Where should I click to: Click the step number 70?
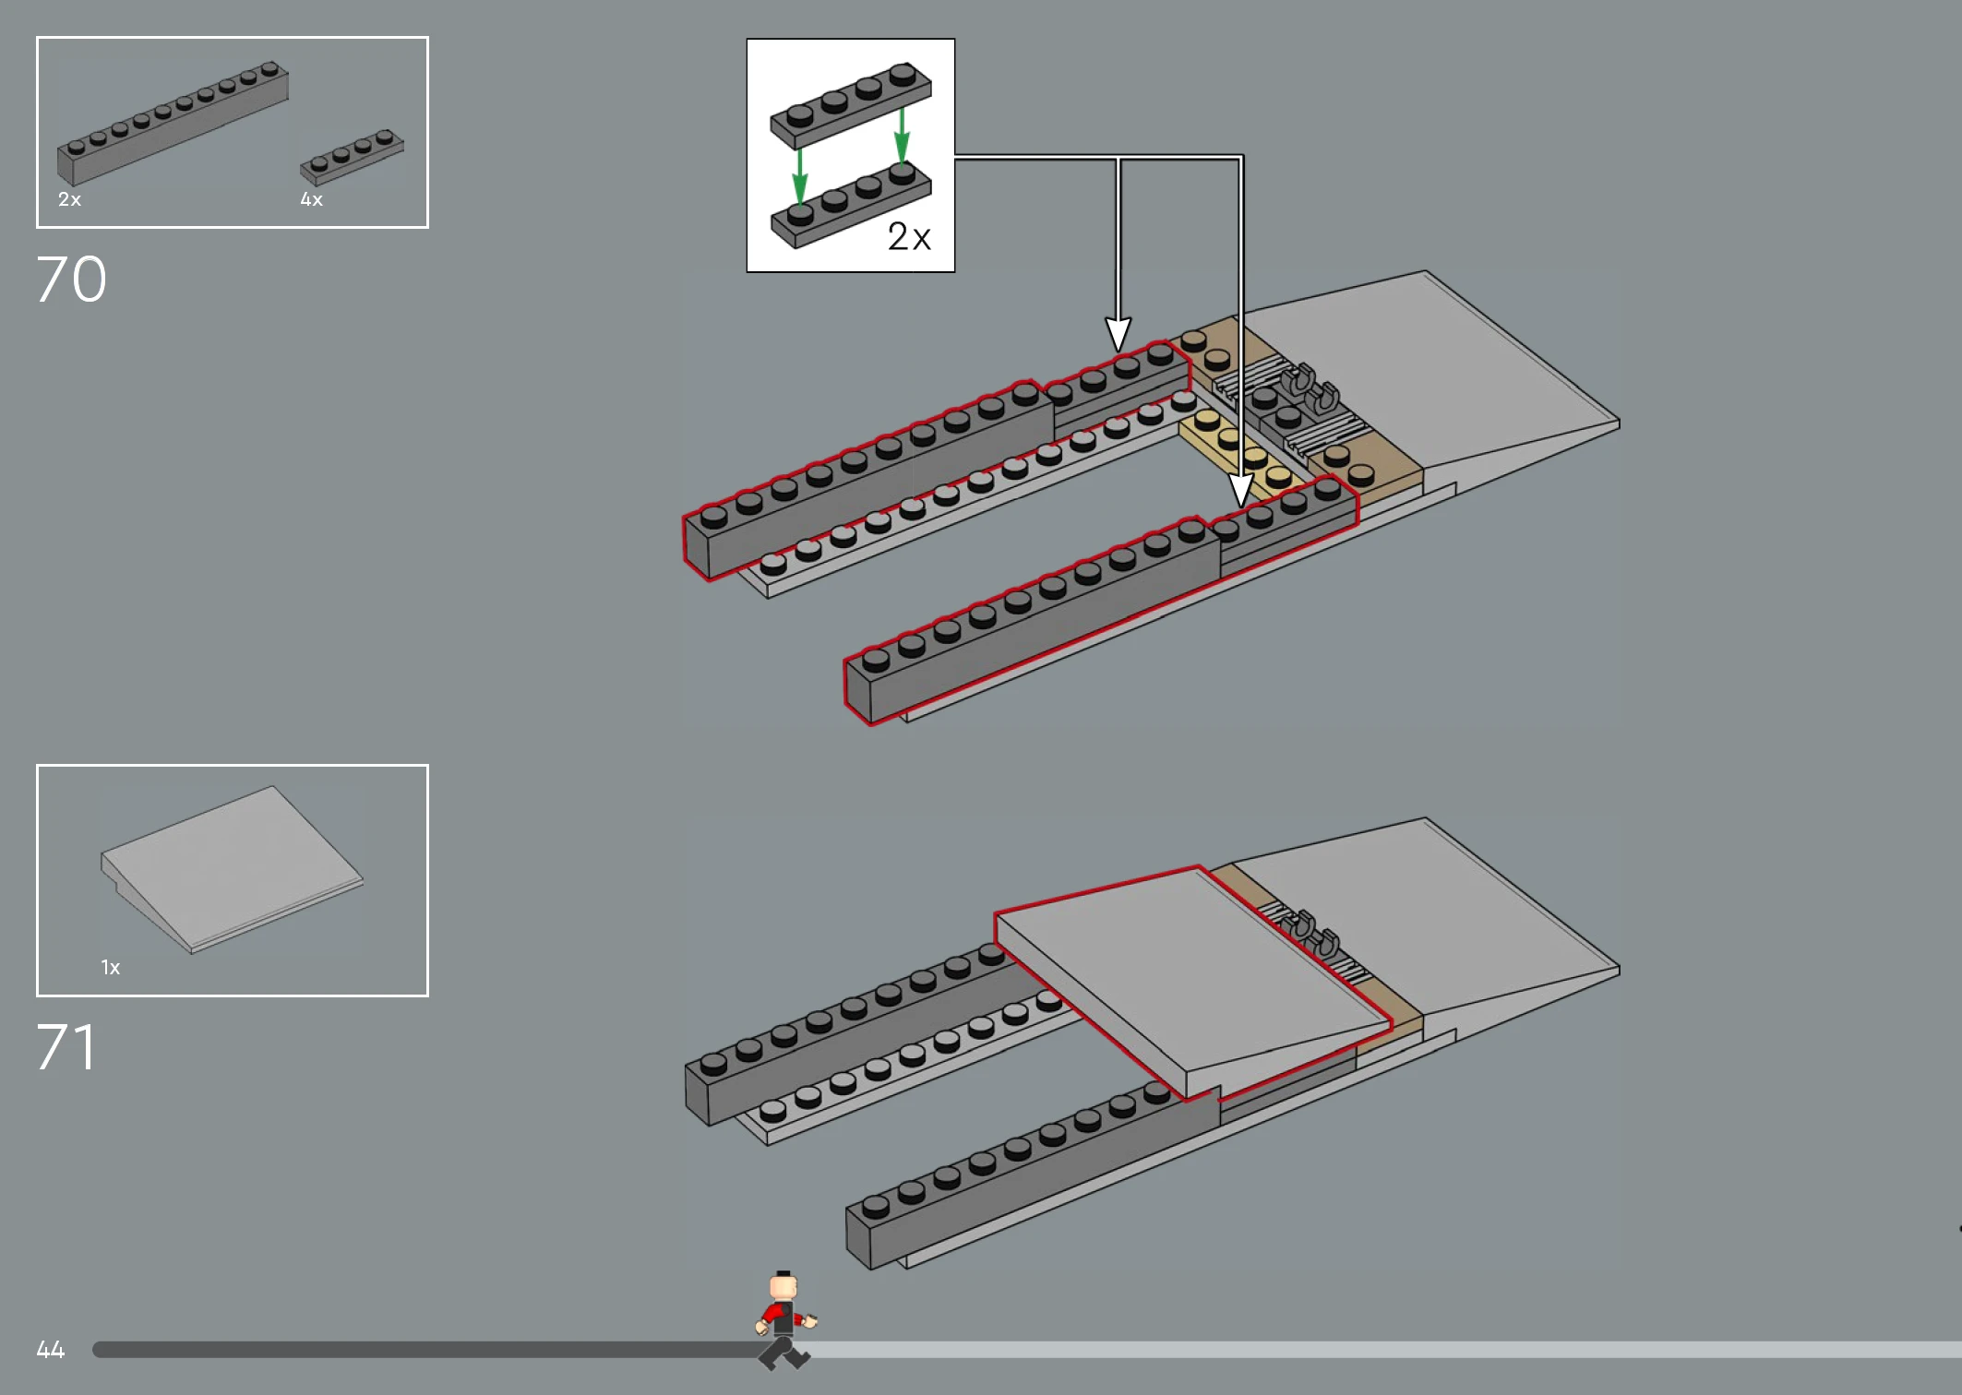click(71, 280)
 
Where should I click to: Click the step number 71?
click(66, 1047)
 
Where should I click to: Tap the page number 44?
click(51, 1350)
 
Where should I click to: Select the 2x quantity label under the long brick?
click(69, 199)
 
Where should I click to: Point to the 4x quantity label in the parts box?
click(311, 199)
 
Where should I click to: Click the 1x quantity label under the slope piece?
click(111, 967)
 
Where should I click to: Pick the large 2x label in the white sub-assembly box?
click(909, 236)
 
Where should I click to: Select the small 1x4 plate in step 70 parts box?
click(352, 156)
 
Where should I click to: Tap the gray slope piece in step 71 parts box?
click(232, 869)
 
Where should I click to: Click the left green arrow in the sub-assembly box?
click(799, 175)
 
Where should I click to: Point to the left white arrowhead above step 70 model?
click(1118, 334)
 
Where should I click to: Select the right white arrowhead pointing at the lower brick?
click(1240, 490)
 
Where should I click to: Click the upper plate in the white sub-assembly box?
click(851, 104)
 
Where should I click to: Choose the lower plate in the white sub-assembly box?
click(851, 204)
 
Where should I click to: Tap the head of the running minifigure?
click(784, 1285)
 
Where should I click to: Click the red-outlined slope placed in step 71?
click(1192, 983)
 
